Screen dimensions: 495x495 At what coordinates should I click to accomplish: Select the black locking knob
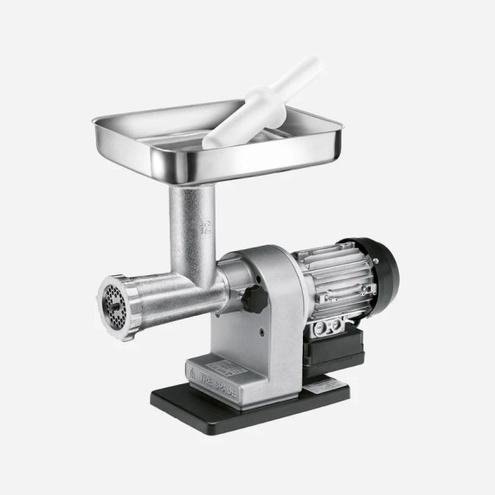[x=253, y=299]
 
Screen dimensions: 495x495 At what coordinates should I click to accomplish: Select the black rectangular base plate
[x=251, y=398]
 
